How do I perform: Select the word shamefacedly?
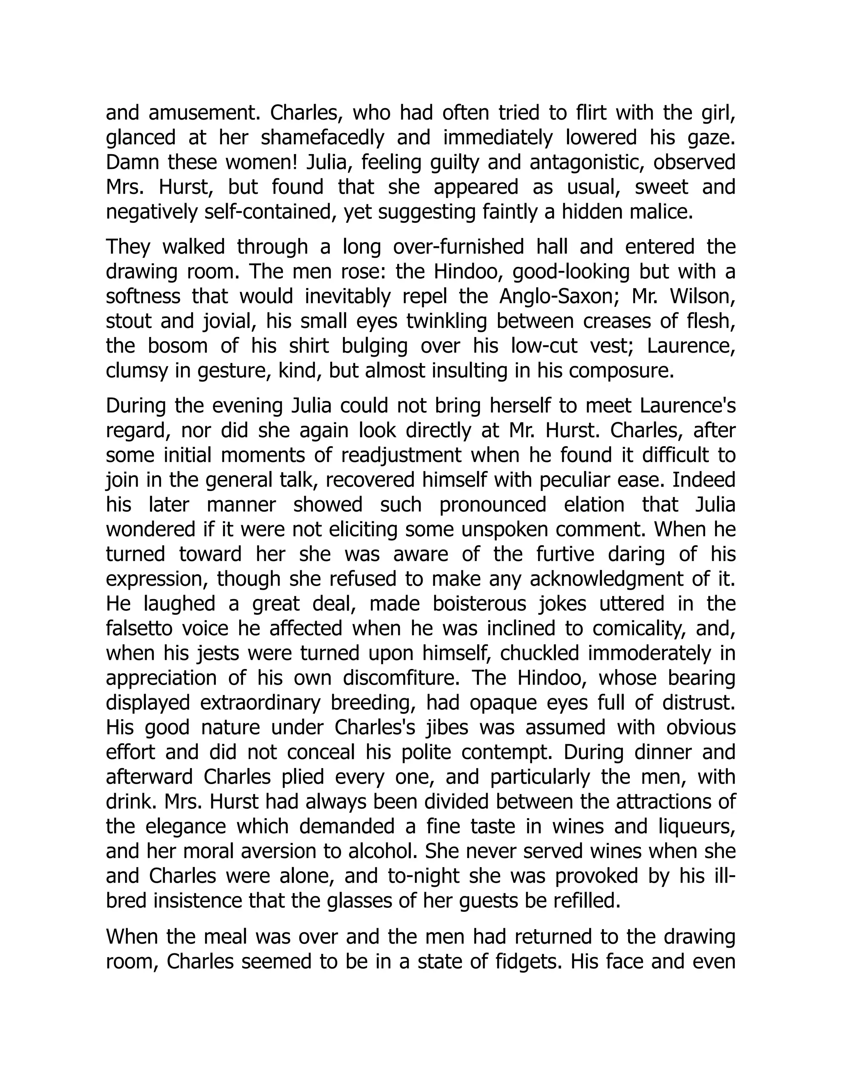(x=322, y=138)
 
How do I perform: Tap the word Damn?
(x=131, y=163)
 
